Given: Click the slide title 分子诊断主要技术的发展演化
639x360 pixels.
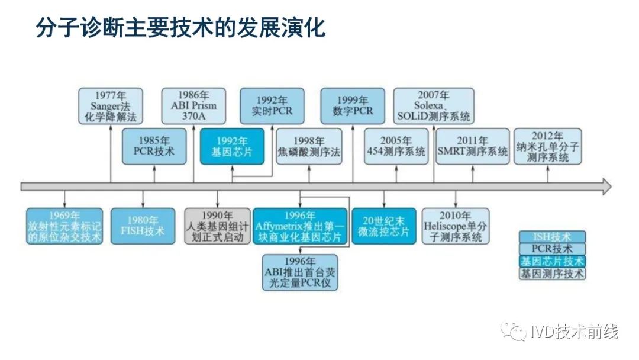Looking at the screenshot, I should pyautogui.click(x=181, y=27).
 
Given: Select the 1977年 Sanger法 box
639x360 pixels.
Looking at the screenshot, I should pyautogui.click(x=111, y=106).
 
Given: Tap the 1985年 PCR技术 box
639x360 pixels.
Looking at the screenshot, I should pyautogui.click(x=154, y=146).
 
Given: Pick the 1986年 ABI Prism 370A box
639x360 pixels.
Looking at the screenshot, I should pyautogui.click(x=194, y=106).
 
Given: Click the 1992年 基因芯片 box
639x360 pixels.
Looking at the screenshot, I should pyautogui.click(x=231, y=146).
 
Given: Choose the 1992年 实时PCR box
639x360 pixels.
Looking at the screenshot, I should pyautogui.click(x=272, y=106).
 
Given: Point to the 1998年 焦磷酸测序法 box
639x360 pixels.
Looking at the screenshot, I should pyautogui.click(x=309, y=146).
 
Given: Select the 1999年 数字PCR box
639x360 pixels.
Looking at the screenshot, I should pyautogui.click(x=353, y=106).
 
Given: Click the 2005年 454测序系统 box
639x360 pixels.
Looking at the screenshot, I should pyautogui.click(x=396, y=146).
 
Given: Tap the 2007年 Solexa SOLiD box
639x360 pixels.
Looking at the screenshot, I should pyautogui.click(x=434, y=106).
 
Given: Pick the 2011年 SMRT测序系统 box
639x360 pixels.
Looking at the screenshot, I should pyautogui.click(x=472, y=146).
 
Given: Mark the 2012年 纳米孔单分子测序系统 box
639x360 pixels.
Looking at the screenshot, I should pyautogui.click(x=547, y=146).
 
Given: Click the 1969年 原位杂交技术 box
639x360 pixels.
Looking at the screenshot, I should pyautogui.click(x=64, y=226).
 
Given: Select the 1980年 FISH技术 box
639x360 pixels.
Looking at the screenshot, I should pyautogui.click(x=143, y=226).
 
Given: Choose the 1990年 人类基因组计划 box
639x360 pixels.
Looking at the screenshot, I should pyautogui.click(x=217, y=226).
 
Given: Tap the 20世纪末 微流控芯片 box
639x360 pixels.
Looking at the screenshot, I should pyautogui.click(x=383, y=226).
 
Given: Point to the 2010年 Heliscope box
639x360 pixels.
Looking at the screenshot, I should pyautogui.click(x=456, y=226).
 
